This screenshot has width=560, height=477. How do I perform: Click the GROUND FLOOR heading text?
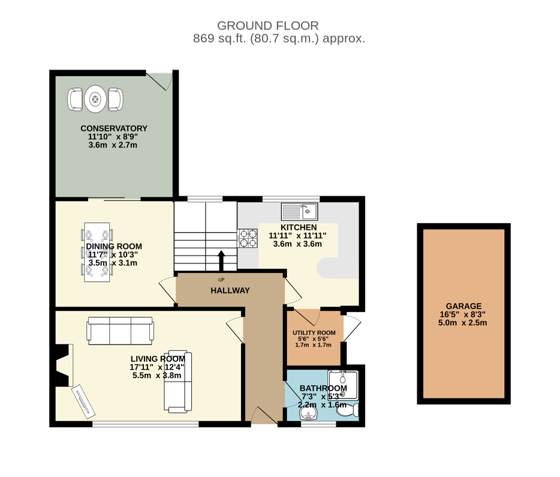pyautogui.click(x=268, y=26)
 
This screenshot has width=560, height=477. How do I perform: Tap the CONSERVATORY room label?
pyautogui.click(x=114, y=128)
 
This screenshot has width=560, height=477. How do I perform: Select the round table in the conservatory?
pyautogui.click(x=95, y=99)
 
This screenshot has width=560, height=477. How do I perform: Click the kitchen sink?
pyautogui.click(x=299, y=212)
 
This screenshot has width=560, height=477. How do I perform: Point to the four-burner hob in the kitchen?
pyautogui.click(x=248, y=238)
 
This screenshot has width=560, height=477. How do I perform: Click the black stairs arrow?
pyautogui.click(x=221, y=260)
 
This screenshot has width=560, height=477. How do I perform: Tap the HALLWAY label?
pyautogui.click(x=230, y=290)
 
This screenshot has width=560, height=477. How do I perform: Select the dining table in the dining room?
pyautogui.click(x=97, y=252)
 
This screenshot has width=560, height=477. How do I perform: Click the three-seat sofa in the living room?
pyautogui.click(x=121, y=331)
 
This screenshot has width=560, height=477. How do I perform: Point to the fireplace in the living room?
pyautogui.click(x=64, y=365)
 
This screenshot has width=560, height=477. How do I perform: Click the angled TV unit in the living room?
pyautogui.click(x=83, y=401)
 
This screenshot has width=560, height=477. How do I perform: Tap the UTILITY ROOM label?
pyautogui.click(x=314, y=332)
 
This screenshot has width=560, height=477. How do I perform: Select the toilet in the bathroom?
pyautogui.click(x=348, y=410)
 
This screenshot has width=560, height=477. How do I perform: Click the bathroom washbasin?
pyautogui.click(x=308, y=415)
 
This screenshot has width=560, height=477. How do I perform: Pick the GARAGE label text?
pyautogui.click(x=463, y=306)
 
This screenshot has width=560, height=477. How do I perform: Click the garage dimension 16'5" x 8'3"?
pyautogui.click(x=463, y=315)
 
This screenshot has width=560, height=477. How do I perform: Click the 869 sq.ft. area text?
pyautogui.click(x=220, y=38)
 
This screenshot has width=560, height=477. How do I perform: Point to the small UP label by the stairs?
pyautogui.click(x=221, y=280)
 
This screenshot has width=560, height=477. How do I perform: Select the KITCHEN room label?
pyautogui.click(x=299, y=227)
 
